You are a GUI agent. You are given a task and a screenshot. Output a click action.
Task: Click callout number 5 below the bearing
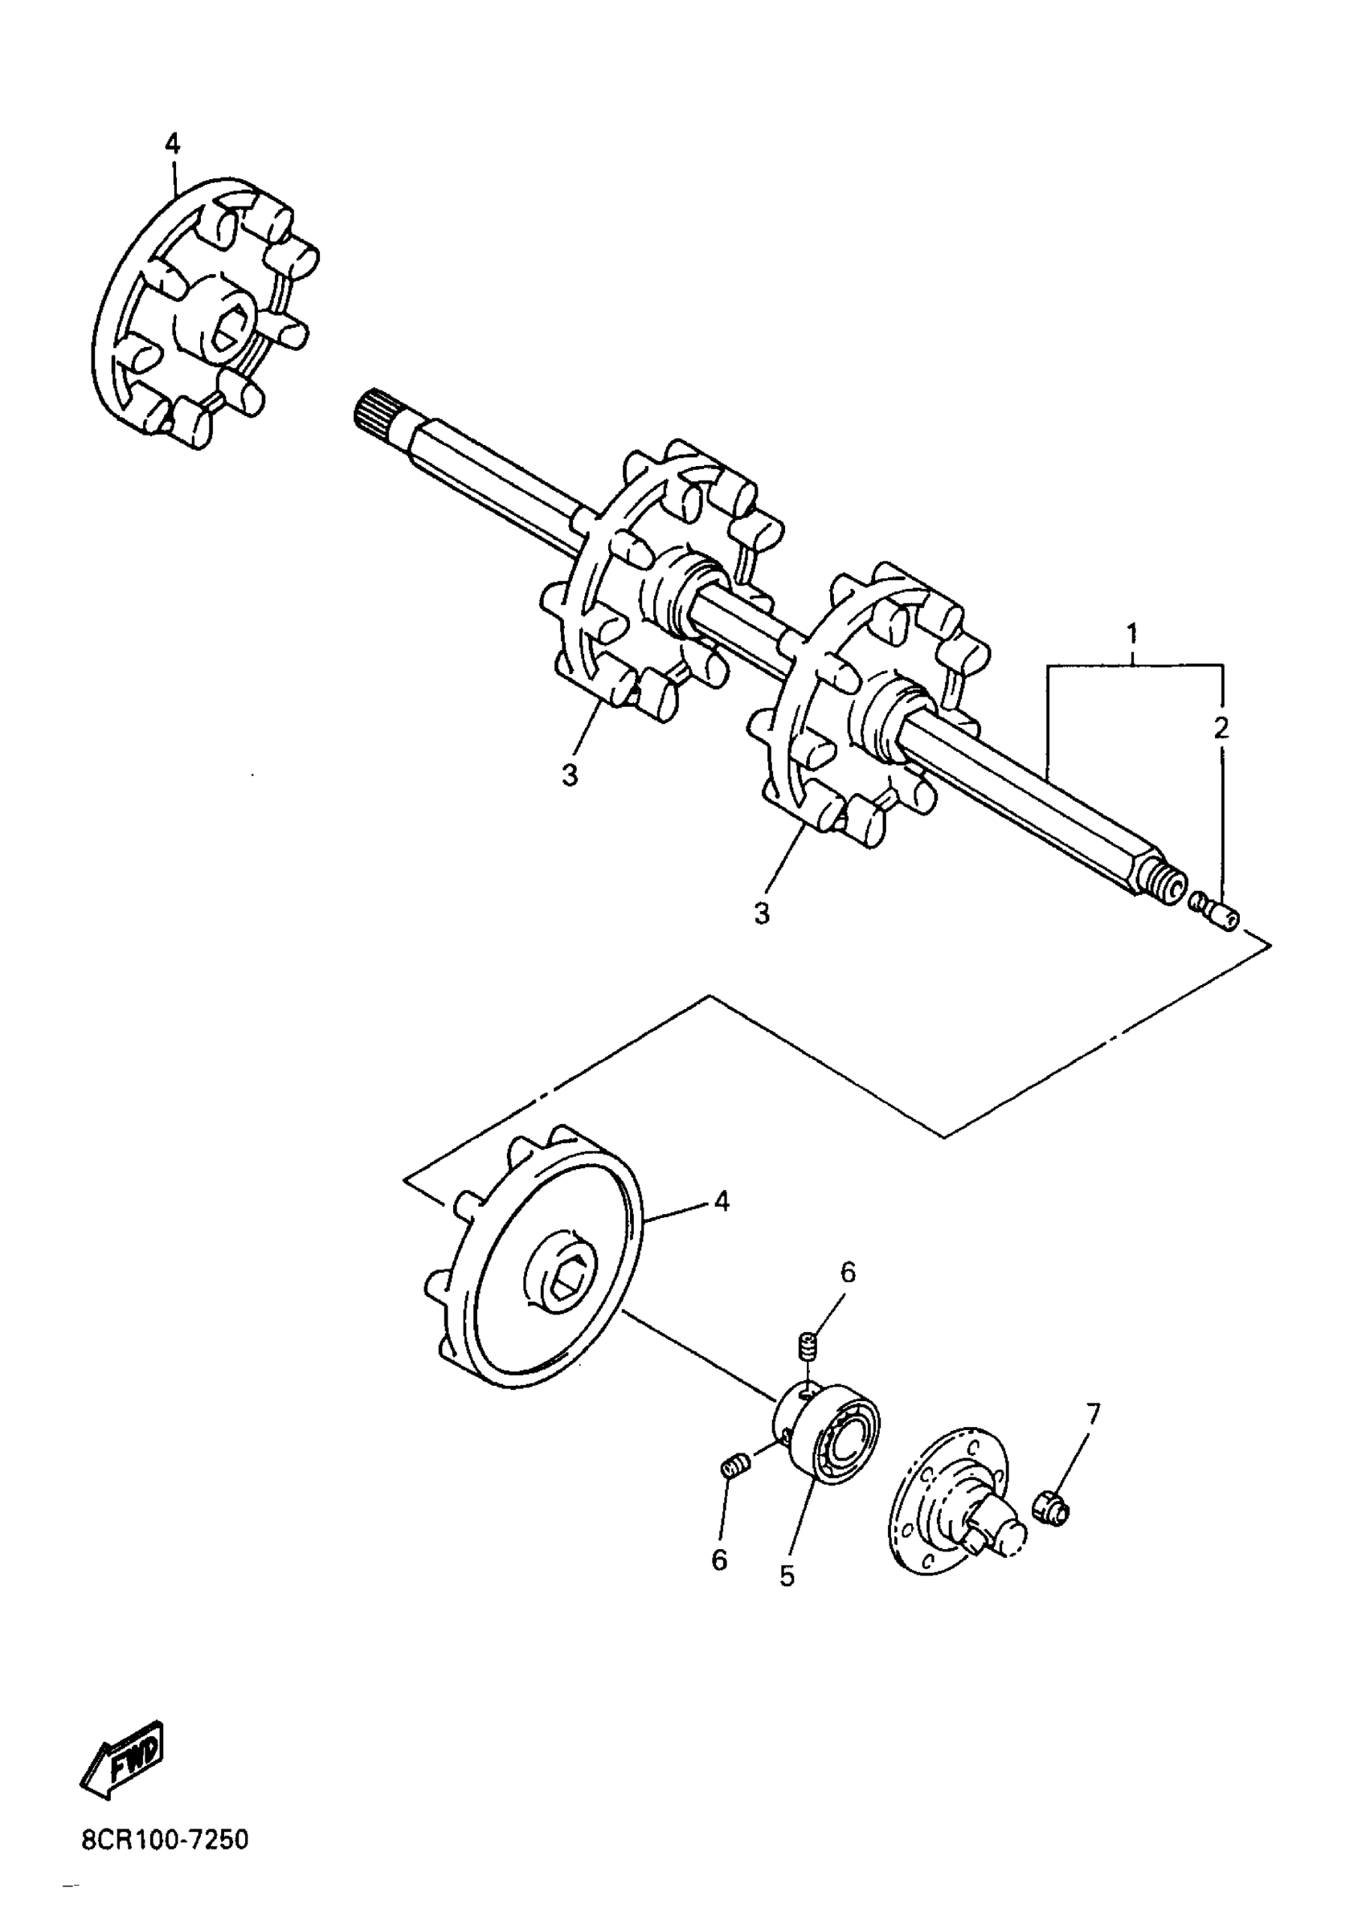click(787, 1576)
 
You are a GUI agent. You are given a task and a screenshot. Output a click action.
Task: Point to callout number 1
click(1132, 631)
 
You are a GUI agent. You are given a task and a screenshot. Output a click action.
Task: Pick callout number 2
click(1221, 728)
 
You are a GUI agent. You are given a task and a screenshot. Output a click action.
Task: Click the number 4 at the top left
click(172, 145)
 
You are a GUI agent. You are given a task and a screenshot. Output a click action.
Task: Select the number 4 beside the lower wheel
click(721, 1202)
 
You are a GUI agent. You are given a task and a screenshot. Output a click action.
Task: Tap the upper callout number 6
click(847, 1273)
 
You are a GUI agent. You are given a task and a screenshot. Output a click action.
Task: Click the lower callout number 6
click(719, 1560)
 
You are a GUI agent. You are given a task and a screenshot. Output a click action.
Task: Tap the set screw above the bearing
click(808, 1346)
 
